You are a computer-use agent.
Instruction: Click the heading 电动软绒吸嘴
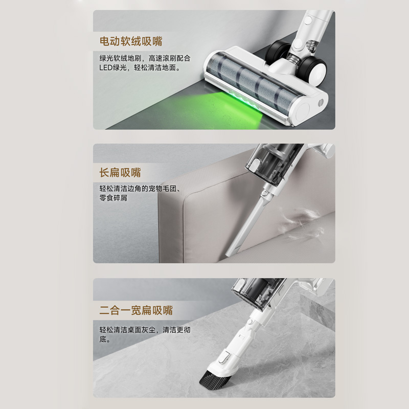pyautogui.click(x=131, y=41)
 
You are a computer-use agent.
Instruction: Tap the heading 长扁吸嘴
pyautogui.click(x=120, y=172)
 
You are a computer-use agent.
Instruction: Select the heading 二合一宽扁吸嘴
pyautogui.click(x=136, y=310)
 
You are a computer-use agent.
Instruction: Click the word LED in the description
pyautogui.click(x=106, y=67)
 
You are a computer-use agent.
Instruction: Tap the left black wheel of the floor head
pyautogui.click(x=277, y=51)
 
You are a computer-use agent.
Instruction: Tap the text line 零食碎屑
pyautogui.click(x=113, y=198)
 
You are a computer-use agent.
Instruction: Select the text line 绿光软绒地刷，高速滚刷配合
pyautogui.click(x=145, y=58)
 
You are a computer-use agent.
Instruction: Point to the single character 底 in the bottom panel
pyautogui.click(x=103, y=339)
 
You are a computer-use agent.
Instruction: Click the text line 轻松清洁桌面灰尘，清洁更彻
pyautogui.click(x=145, y=330)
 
